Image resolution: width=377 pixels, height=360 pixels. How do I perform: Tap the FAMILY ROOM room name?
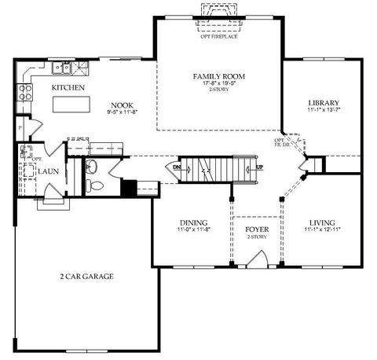(219, 76)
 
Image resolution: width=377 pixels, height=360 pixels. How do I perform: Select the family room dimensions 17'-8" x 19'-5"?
(219, 83)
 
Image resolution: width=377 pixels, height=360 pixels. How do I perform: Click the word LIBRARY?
(323, 103)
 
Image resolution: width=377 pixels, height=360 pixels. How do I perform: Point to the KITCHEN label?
(68, 88)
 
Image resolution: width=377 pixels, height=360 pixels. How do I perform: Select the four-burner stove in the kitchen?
(27, 94)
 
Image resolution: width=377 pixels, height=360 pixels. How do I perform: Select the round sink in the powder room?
(90, 166)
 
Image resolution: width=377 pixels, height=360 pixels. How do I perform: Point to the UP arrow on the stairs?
(258, 167)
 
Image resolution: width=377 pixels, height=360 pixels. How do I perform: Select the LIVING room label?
(322, 222)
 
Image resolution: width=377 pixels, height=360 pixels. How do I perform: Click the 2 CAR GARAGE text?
(87, 277)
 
